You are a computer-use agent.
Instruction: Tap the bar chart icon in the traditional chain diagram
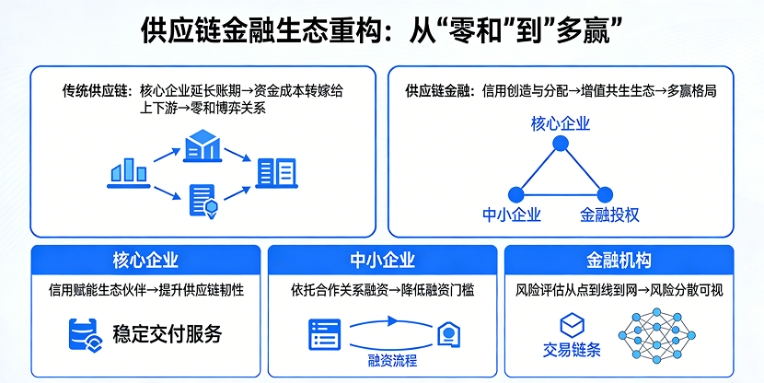pos(129,172)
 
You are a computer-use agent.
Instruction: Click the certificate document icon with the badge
pos(203,200)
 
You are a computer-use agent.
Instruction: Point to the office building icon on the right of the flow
pos(277,172)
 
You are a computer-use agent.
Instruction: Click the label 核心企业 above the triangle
pos(561,123)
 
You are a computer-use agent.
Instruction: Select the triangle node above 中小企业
pos(515,194)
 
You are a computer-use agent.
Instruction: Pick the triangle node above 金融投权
pos(605,194)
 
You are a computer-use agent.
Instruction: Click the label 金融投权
pos(609,215)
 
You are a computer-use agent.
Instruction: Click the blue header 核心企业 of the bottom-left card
pos(145,260)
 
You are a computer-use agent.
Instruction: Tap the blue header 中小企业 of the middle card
pos(382,260)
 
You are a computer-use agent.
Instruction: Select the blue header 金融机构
pos(619,260)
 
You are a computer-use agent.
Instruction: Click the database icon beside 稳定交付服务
pos(85,333)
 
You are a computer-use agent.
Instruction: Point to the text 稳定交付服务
pos(167,333)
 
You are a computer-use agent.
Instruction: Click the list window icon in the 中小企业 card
pos(325,333)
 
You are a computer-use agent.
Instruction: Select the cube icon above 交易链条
pos(572,325)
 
